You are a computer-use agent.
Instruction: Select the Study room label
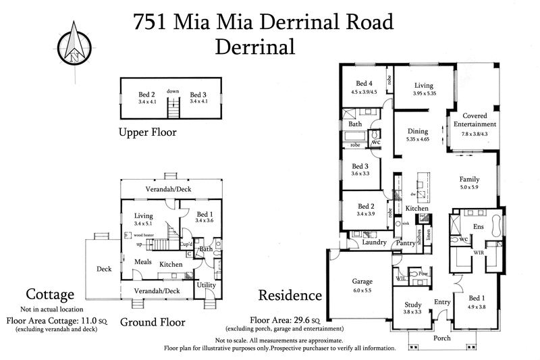click(413, 305)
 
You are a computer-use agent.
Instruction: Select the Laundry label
click(373, 242)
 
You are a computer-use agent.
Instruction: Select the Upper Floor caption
click(147, 132)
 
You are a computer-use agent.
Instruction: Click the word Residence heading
click(290, 295)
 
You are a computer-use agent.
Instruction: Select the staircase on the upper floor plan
click(174, 106)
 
